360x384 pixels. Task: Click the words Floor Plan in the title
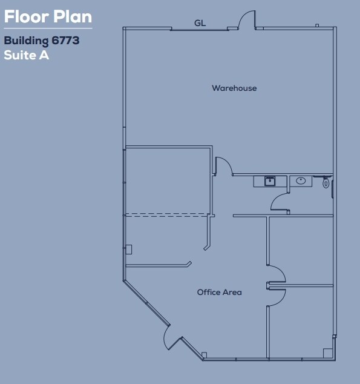[x=48, y=16]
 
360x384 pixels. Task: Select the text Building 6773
[x=42, y=42]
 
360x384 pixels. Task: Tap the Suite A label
[x=26, y=55]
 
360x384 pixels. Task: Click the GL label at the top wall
[x=200, y=23]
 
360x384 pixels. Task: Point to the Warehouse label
[x=234, y=88]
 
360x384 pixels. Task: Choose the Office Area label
[x=219, y=293]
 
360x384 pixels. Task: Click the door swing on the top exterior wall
[x=247, y=20]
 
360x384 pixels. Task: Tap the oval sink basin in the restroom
[x=301, y=180]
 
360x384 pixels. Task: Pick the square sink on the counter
[x=270, y=180]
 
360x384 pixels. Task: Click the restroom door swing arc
[x=280, y=202]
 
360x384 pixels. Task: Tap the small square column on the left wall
[x=128, y=249]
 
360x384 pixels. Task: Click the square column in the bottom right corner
[x=327, y=353]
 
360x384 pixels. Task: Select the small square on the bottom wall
[x=205, y=355]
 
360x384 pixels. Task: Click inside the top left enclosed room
[x=168, y=180]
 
